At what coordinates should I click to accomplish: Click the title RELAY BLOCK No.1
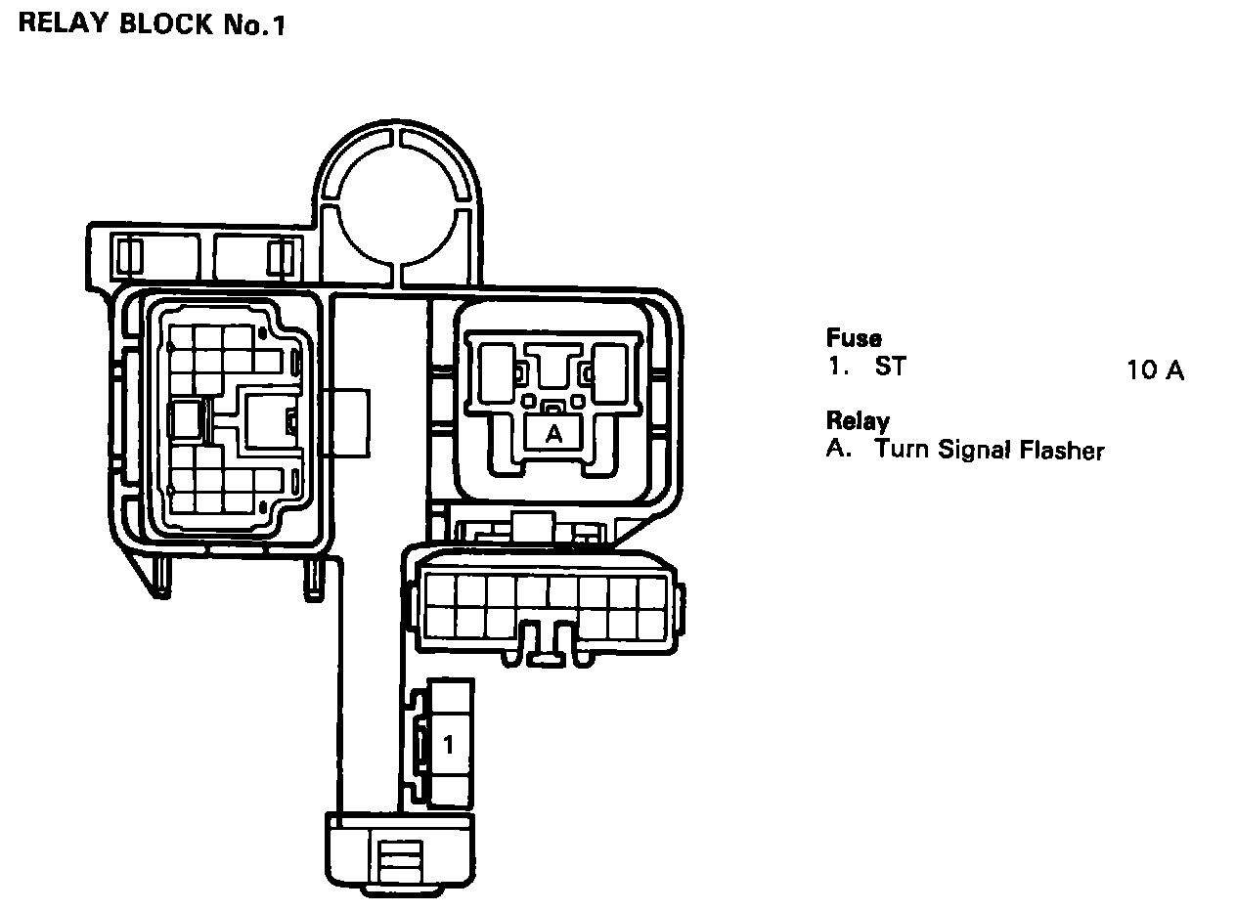tap(152, 24)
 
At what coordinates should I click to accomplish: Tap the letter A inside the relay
tap(553, 433)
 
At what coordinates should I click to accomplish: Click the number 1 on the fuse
tap(448, 745)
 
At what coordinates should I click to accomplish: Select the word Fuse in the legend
tap(854, 337)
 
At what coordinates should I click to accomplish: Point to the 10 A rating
tap(1156, 369)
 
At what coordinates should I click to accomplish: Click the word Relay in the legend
tap(858, 420)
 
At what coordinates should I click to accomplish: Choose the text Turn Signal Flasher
tap(990, 450)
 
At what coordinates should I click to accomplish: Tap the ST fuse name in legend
tap(891, 367)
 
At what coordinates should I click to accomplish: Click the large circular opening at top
tap(397, 205)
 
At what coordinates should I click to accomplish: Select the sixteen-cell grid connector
tap(546, 609)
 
